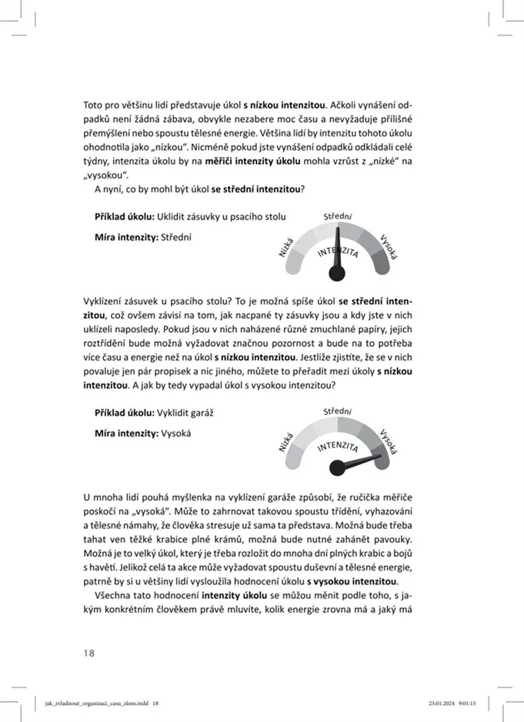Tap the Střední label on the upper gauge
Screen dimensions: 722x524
click(x=338, y=218)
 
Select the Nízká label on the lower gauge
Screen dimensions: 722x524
click(x=286, y=441)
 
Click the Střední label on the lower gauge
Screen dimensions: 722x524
click(x=338, y=413)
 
